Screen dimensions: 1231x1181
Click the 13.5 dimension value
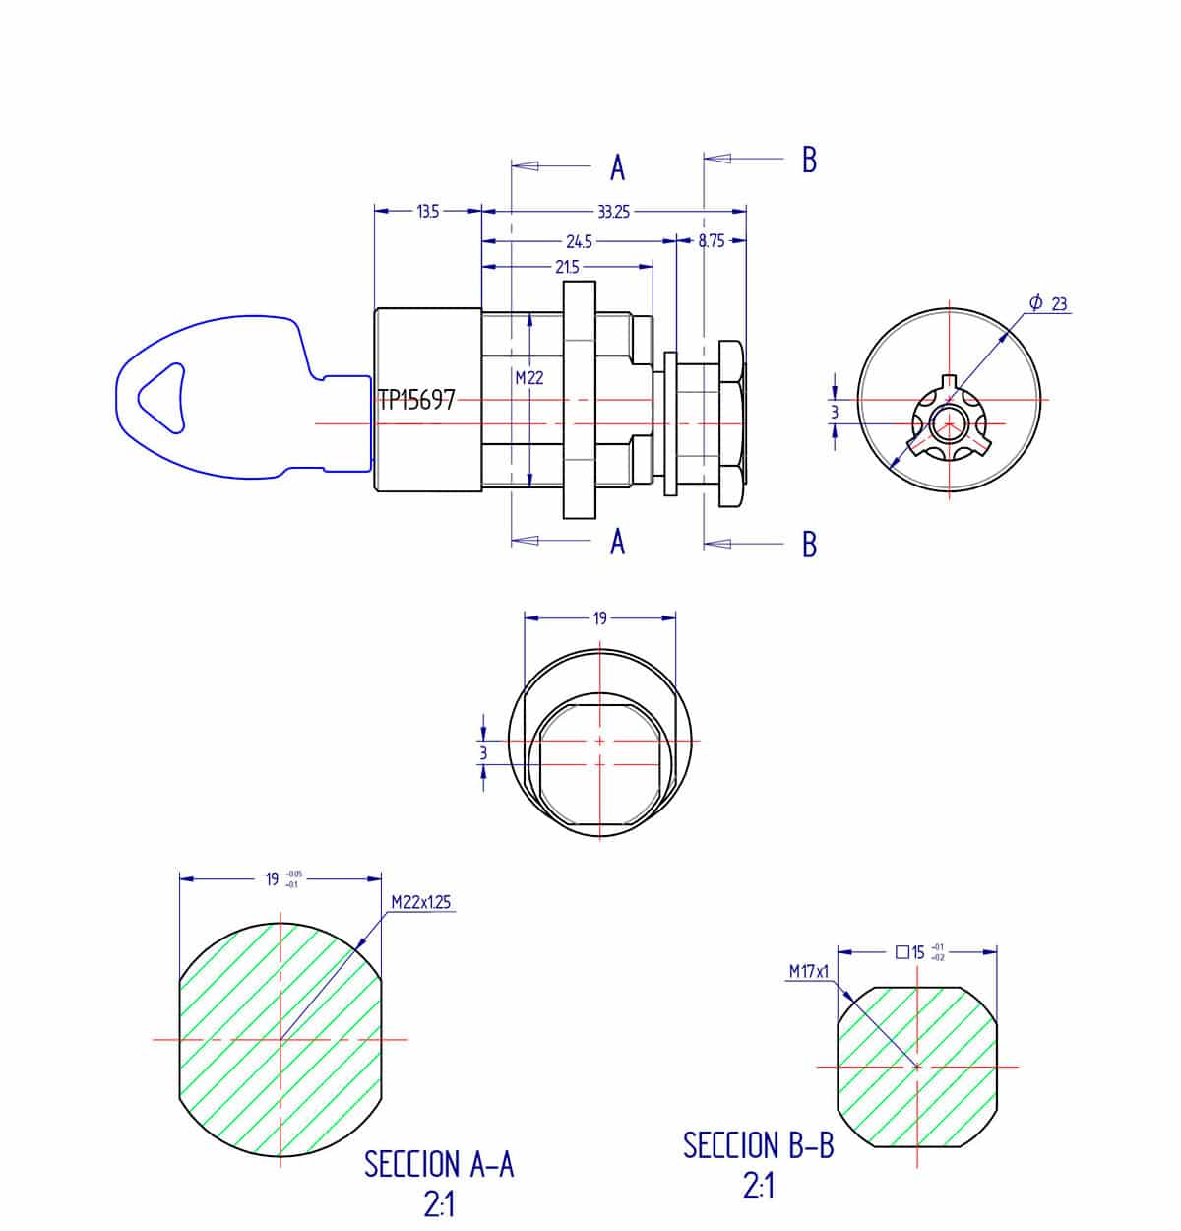[427, 211]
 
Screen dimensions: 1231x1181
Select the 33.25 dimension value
[613, 211]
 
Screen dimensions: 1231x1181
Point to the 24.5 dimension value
[578, 241]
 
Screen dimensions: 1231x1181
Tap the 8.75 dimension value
[711, 240]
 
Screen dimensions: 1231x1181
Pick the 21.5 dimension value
[567, 267]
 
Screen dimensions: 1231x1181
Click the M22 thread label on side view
[528, 377]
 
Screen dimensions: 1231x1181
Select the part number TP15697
[417, 400]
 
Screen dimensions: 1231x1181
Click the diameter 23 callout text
[1049, 303]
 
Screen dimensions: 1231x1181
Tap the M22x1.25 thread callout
[421, 901]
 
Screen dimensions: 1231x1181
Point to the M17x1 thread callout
[809, 971]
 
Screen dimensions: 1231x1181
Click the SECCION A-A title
[439, 1164]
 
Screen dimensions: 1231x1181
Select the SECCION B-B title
[758, 1145]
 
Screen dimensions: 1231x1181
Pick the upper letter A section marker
[617, 168]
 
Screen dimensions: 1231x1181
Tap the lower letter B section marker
[809, 544]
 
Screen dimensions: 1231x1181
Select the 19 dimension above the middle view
[599, 618]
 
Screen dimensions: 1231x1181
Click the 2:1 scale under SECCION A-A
[439, 1204]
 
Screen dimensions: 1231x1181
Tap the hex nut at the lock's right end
[731, 423]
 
